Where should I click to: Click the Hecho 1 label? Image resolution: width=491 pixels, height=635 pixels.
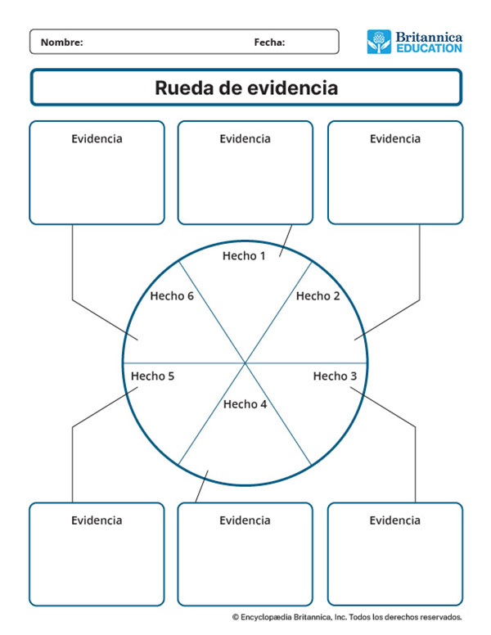point(245,256)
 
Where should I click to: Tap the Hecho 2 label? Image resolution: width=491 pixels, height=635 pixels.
point(318,295)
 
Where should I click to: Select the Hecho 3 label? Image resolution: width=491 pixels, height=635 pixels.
point(336,376)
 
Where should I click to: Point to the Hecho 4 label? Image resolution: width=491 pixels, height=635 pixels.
point(245,403)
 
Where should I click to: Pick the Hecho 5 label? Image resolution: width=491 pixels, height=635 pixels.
point(153,376)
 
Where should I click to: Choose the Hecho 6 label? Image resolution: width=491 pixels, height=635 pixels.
point(172,295)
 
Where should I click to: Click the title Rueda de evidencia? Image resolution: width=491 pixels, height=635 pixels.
point(245,88)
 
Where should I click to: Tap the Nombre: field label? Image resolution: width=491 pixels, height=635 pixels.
point(62,43)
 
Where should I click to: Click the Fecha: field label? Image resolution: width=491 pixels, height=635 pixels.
point(269,43)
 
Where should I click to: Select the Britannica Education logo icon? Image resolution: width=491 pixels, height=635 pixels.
point(379,42)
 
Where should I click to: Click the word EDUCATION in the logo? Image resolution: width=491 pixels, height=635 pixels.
point(429,48)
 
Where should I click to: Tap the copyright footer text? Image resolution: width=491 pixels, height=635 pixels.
point(347,617)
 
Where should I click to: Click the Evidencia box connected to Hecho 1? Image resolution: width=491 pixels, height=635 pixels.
point(245,173)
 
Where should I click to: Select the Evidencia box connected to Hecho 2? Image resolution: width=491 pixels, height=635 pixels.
point(394,173)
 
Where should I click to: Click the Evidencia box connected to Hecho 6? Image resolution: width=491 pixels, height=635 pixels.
point(97,173)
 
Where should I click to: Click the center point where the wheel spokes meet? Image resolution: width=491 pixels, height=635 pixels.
point(245,362)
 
